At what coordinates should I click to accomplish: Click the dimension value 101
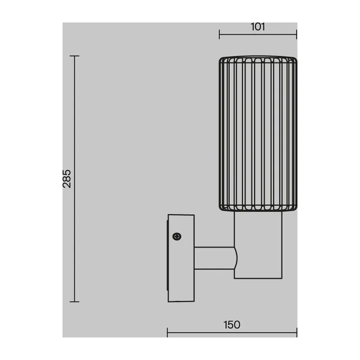258,27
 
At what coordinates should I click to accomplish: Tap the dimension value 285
67,179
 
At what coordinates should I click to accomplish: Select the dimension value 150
232,325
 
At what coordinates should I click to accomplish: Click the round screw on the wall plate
177,237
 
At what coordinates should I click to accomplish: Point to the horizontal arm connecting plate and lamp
215,258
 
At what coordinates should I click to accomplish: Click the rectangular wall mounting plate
181,258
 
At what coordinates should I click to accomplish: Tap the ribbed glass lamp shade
258,134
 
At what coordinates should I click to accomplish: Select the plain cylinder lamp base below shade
258,245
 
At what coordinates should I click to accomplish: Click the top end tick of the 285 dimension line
74,56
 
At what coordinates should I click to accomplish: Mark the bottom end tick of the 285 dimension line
74,301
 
